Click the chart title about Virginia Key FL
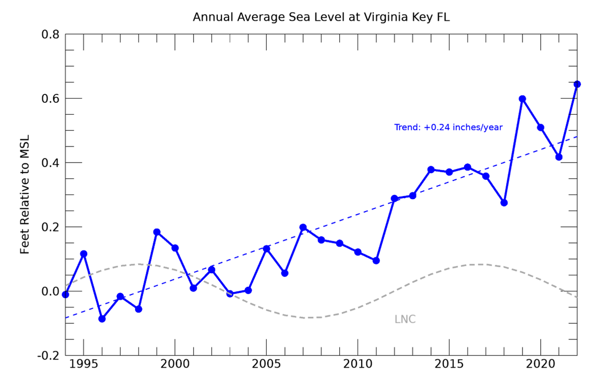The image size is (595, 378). tap(321, 17)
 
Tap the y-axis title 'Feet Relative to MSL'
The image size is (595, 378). tap(25, 194)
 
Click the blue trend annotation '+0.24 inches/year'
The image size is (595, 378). tap(448, 127)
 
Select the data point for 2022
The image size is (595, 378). tap(577, 84)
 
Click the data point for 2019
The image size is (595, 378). tap(522, 99)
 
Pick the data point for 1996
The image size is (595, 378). tap(102, 319)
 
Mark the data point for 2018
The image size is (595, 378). tap(504, 202)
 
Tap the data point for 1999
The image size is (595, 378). tap(157, 232)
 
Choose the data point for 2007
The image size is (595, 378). tap(303, 227)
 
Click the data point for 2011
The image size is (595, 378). tap(376, 260)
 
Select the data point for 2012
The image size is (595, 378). tap(395, 199)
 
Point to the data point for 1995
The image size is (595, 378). tap(84, 253)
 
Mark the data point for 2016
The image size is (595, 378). tap(468, 167)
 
